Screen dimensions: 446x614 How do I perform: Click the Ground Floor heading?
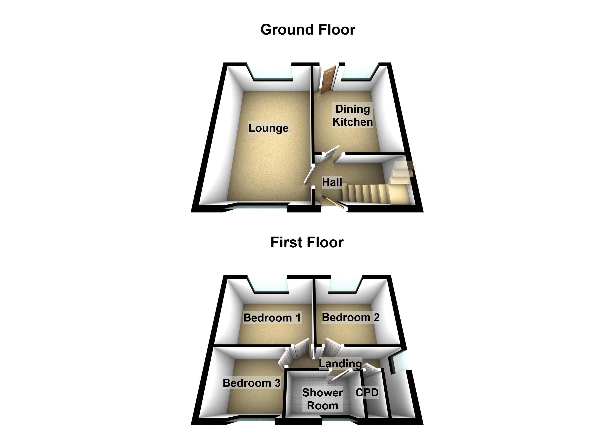pos(308,30)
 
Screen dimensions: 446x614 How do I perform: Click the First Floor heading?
pos(307,242)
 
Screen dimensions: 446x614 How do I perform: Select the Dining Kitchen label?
pos(352,115)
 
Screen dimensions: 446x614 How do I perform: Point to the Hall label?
pos(332,182)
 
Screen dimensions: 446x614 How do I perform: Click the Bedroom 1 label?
pos(272,318)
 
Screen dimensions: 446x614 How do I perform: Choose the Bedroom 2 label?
pos(351,317)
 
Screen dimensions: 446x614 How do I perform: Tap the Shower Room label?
pos(322,399)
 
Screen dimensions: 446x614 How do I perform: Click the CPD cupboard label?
pos(367,392)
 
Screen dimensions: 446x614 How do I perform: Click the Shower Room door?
pos(340,377)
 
